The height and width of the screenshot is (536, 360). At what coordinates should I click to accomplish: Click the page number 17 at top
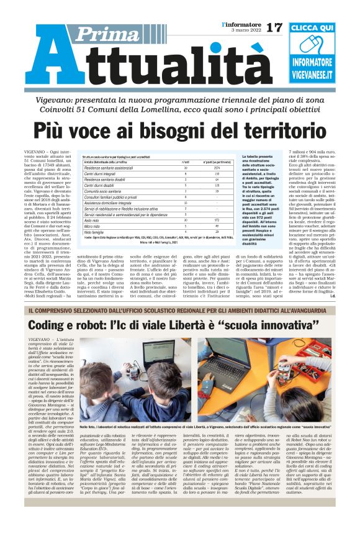[273, 27]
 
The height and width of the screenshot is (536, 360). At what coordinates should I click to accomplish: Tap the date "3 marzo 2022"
[243, 30]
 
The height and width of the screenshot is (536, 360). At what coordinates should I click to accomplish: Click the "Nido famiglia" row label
[97, 232]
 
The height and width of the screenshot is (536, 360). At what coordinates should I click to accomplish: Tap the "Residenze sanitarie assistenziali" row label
[112, 168]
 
